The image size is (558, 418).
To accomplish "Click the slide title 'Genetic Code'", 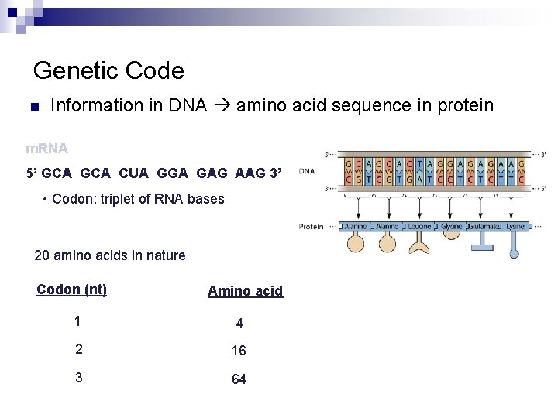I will click(108, 71).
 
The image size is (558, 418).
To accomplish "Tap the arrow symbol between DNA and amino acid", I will click(221, 105).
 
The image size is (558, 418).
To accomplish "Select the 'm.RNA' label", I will click(46, 147).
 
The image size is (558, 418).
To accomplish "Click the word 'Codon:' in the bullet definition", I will click(73, 199).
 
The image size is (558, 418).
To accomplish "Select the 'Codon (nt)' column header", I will click(71, 290).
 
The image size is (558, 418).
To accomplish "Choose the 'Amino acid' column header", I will click(245, 291).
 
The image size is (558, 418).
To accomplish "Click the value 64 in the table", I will click(239, 379).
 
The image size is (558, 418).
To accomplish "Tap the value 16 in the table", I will click(239, 351).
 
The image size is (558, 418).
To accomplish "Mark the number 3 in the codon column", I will click(78, 378).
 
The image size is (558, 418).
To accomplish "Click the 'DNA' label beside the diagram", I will click(307, 171).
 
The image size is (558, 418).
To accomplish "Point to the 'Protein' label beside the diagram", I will click(311, 226).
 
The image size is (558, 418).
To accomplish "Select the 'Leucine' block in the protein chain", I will click(420, 226).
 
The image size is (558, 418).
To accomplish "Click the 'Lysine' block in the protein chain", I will click(515, 226).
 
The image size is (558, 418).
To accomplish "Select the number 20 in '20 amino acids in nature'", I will click(43, 255).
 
